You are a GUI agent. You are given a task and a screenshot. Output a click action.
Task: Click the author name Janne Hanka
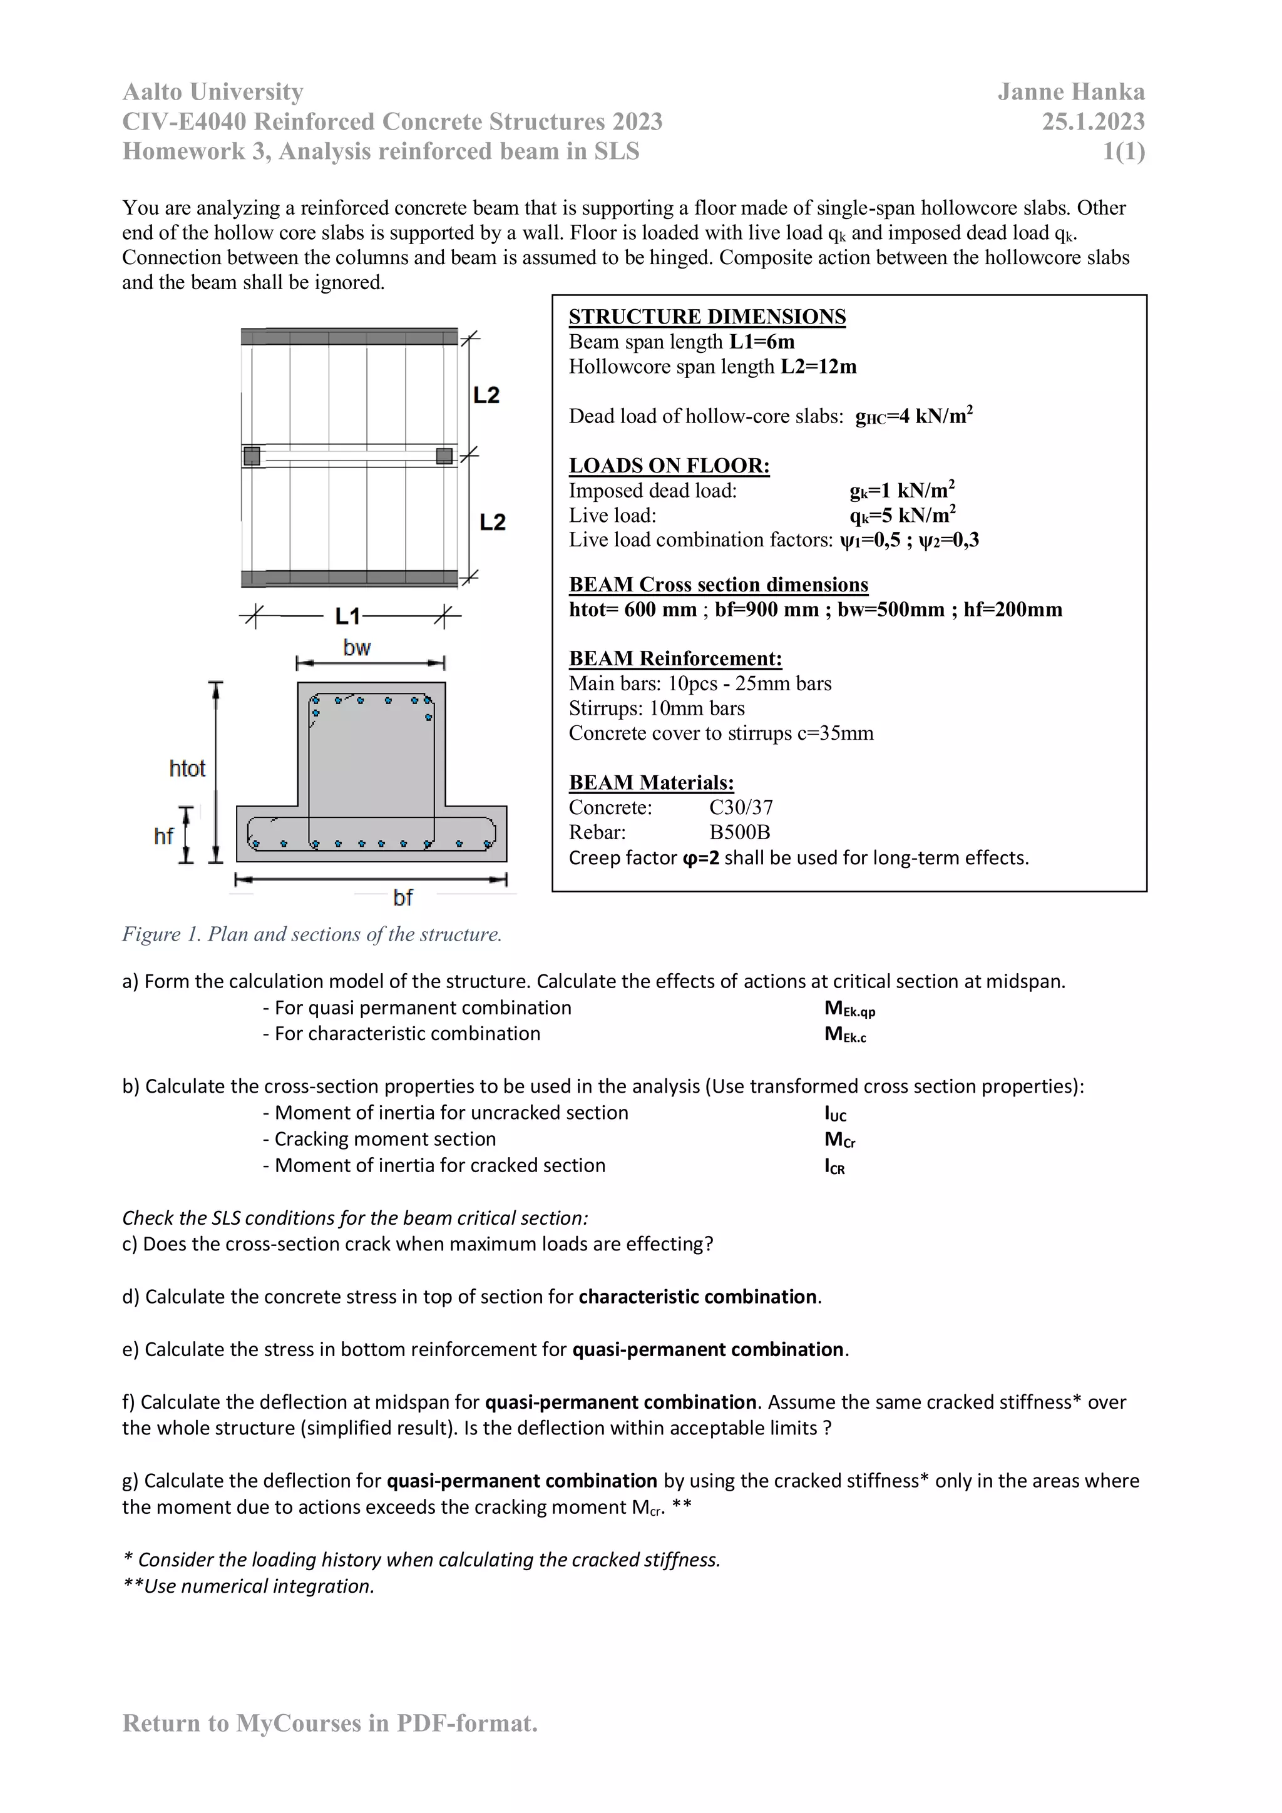coord(1070,93)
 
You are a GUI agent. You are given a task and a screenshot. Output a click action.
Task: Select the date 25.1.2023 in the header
coord(1092,121)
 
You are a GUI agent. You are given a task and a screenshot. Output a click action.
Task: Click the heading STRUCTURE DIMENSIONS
coord(707,317)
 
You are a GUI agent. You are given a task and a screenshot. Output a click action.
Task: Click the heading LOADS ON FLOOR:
coord(669,465)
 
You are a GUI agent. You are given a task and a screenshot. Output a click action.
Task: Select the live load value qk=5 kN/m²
coord(902,516)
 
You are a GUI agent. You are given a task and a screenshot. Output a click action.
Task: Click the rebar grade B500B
coord(739,832)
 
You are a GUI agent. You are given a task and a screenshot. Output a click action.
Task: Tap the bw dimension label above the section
coord(357,648)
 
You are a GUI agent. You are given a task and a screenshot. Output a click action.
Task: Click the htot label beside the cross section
coord(187,769)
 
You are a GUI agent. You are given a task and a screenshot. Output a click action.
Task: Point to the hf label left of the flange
coord(163,836)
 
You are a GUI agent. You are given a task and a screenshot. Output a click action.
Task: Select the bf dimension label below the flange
coord(403,898)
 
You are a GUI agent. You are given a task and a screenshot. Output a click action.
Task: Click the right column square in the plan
coord(444,456)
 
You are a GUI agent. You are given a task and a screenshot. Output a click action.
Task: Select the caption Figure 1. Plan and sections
coord(312,934)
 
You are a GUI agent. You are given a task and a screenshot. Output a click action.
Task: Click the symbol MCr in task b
coord(839,1140)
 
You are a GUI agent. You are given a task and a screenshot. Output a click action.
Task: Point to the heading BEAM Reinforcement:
coord(675,658)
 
